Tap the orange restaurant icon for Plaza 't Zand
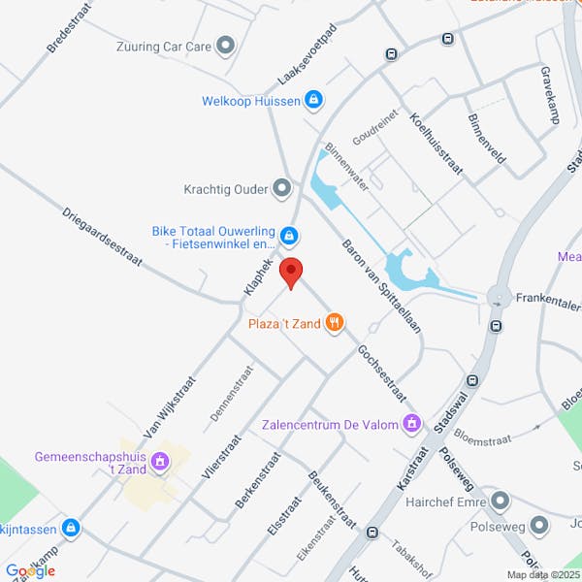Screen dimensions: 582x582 pyautogui.click(x=335, y=323)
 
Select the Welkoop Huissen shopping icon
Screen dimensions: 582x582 pyautogui.click(x=313, y=100)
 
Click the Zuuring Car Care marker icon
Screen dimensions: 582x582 pyautogui.click(x=226, y=45)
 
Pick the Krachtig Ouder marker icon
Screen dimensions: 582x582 pyautogui.click(x=282, y=188)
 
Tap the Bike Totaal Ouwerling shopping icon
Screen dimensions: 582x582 pyautogui.click(x=288, y=235)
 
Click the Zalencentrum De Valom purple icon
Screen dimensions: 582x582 pyautogui.click(x=413, y=423)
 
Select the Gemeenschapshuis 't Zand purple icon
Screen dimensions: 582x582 pyautogui.click(x=161, y=463)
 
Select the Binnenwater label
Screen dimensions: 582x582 pyautogui.click(x=346, y=167)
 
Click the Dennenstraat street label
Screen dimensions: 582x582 pyautogui.click(x=224, y=399)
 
